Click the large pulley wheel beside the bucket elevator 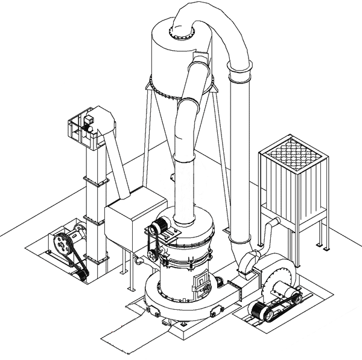click(x=60, y=243)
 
